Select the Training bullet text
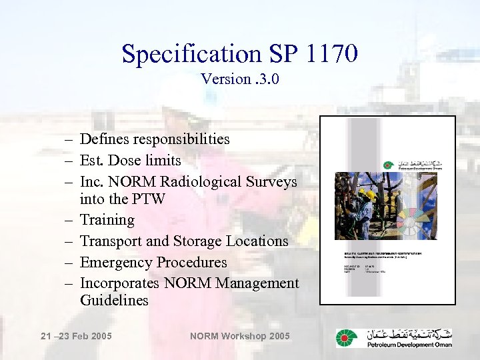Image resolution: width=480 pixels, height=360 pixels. click(107, 220)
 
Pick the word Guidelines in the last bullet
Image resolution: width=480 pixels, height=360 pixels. click(114, 301)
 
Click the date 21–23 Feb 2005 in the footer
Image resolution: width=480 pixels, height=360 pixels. click(76, 336)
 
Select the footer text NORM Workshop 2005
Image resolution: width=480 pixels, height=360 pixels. click(240, 336)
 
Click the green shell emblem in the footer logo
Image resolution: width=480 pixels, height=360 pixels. click(347, 338)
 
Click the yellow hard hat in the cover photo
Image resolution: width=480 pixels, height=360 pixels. click(369, 195)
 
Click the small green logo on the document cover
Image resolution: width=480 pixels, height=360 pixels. click(388, 165)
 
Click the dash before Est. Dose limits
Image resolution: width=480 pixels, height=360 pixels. click(69, 161)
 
